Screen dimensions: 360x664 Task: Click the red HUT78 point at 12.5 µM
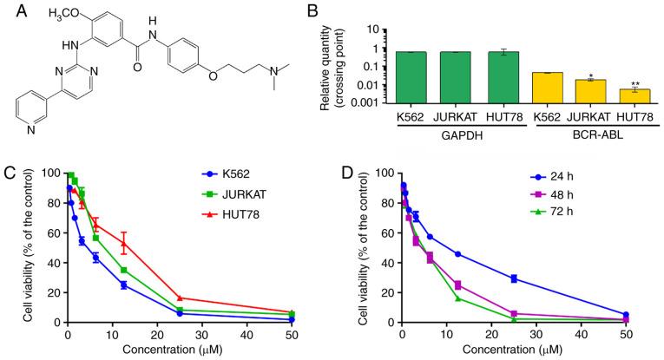[124, 244]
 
